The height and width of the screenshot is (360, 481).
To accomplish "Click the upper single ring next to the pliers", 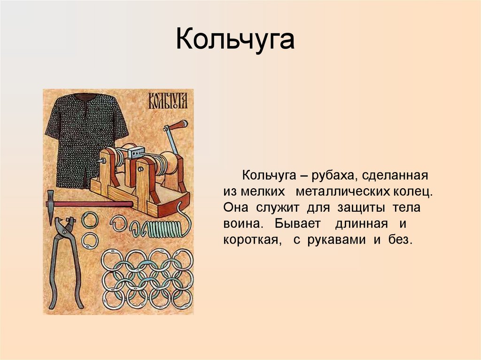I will tap(89, 220).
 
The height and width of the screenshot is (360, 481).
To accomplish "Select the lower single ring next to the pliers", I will tap(89, 240).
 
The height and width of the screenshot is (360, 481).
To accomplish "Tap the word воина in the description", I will tap(239, 224).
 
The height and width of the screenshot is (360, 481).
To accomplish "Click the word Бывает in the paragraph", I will tap(291, 224).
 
